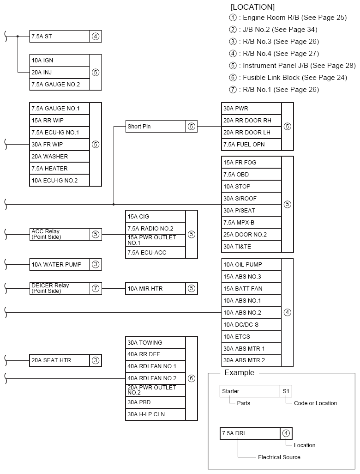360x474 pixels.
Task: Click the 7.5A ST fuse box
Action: pos(59,36)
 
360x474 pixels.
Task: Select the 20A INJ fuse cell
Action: pos(59,73)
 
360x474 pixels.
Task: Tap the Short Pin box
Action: pos(155,126)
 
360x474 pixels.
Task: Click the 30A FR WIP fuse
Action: pos(59,145)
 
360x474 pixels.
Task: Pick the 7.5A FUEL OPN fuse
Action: pos(251,145)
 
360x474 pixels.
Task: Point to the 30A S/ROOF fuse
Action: pos(251,199)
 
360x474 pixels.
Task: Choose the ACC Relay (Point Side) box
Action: pos(59,234)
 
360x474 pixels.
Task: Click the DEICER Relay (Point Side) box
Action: pos(59,288)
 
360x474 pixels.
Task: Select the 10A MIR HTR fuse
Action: pos(155,289)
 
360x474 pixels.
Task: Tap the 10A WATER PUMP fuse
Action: pos(59,265)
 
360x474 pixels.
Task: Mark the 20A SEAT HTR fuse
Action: pos(59,360)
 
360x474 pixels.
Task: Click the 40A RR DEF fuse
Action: pos(155,354)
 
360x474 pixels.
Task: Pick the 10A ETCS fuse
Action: pos(251,337)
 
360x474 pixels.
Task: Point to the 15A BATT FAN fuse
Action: pos(251,289)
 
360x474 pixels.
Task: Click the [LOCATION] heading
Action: pos(252,7)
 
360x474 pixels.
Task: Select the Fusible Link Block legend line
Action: pos(288,78)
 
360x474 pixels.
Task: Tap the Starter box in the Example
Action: pos(250,391)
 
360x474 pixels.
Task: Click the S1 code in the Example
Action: pos(286,391)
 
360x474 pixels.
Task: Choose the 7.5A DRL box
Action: pos(250,433)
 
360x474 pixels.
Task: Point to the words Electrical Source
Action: pos(279,457)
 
